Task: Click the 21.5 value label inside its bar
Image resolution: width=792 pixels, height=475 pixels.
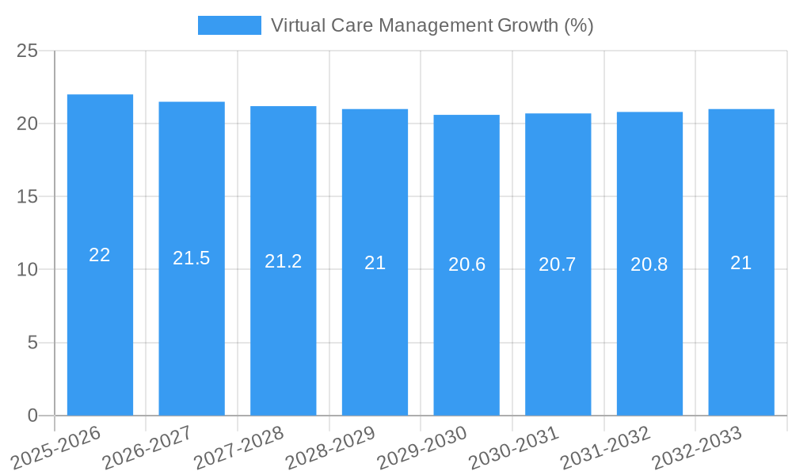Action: coord(192,258)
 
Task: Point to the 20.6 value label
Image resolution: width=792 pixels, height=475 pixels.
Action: coord(466,264)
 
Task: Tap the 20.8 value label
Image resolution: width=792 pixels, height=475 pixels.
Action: coord(649,264)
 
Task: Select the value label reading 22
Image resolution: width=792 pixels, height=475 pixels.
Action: coord(100,255)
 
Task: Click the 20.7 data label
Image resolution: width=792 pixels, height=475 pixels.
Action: coord(558,264)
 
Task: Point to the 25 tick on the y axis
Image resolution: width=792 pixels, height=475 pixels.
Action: coord(27,51)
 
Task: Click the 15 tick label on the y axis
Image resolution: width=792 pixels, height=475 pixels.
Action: coord(27,196)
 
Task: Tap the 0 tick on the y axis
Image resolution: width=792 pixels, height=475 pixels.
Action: coord(32,416)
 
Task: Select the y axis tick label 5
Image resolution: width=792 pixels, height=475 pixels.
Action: coord(32,343)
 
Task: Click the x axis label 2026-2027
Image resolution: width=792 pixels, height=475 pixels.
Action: coord(147,447)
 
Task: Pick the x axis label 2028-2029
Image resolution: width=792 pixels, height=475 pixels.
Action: coord(329,447)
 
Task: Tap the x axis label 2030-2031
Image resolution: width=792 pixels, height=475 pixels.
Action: coord(513,447)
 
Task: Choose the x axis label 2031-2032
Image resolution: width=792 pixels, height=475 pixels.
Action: coord(605,447)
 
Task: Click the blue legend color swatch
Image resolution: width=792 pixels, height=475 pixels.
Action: coord(229,25)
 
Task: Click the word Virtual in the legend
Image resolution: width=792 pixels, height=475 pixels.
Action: coord(295,25)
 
